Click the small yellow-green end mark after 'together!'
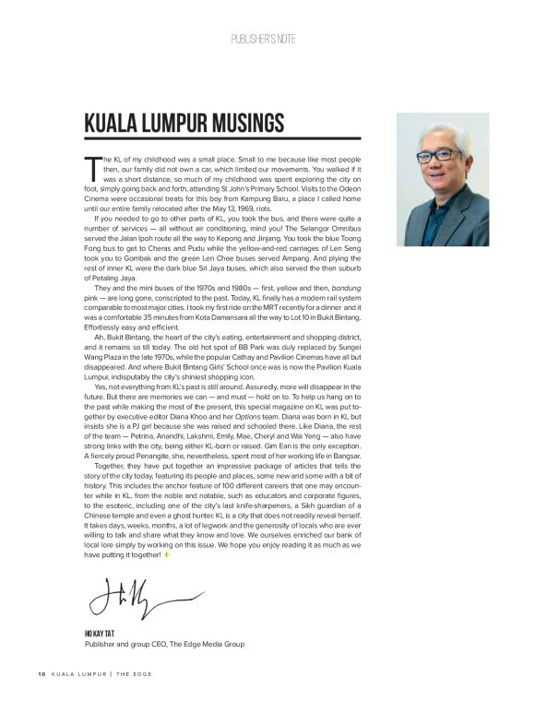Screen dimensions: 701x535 pyautogui.click(x=168, y=555)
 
